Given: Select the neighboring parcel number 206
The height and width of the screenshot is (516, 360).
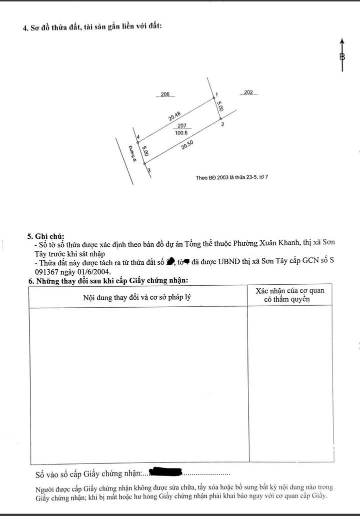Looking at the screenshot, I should [x=165, y=94].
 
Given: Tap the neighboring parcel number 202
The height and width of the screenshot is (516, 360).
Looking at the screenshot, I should [x=248, y=92].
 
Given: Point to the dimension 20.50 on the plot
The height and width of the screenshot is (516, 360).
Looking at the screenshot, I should [x=187, y=145].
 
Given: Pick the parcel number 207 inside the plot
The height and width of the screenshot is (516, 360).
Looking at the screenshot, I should [x=181, y=126].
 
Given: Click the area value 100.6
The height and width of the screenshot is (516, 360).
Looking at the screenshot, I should [x=181, y=133].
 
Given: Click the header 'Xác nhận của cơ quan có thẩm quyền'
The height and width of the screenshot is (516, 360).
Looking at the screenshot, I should [x=289, y=295].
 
